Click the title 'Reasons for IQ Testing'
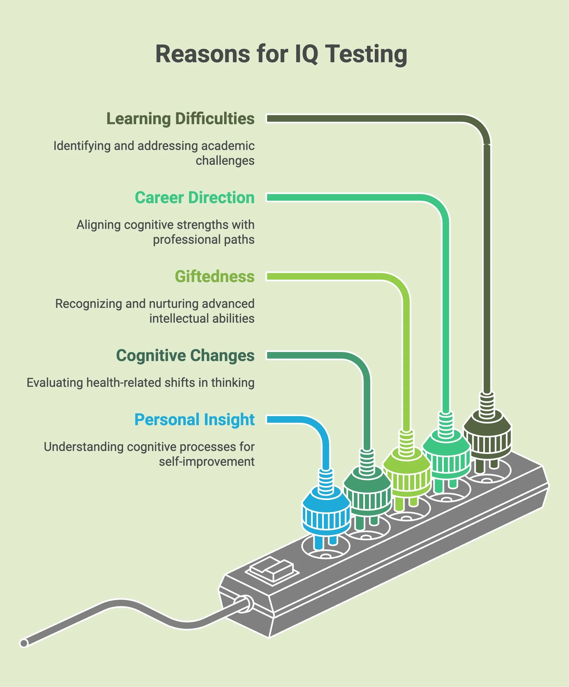pyautogui.click(x=281, y=54)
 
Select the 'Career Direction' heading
pyautogui.click(x=195, y=198)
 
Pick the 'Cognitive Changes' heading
pyautogui.click(x=185, y=356)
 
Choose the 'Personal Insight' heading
pyautogui.click(x=194, y=420)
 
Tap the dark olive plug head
pyautogui.click(x=487, y=435)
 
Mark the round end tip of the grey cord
pyautogui.click(x=24, y=643)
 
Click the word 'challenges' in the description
pyautogui.click(x=225, y=161)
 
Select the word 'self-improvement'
pyautogui.click(x=207, y=462)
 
